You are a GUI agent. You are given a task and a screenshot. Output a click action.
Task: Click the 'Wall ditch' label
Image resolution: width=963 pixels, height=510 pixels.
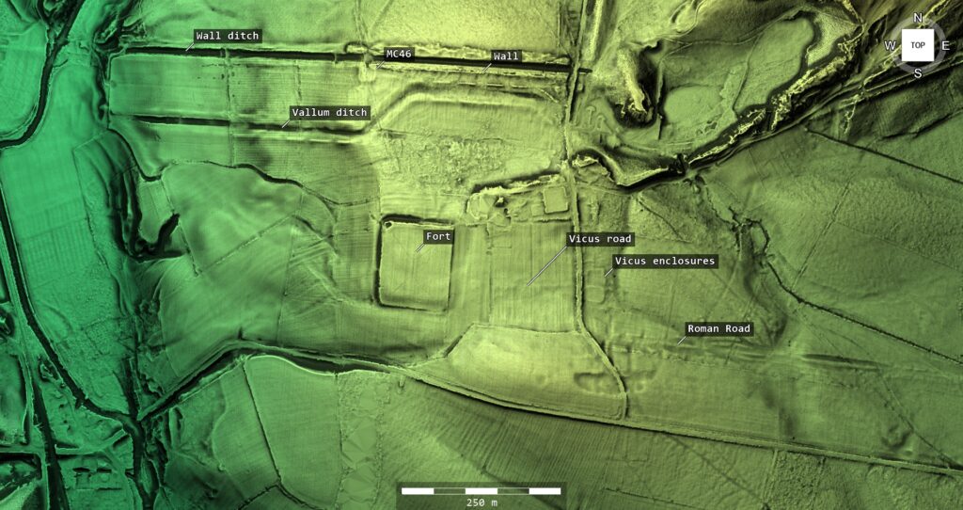(228, 36)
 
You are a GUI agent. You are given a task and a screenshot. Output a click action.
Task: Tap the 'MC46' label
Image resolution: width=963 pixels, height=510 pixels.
(399, 54)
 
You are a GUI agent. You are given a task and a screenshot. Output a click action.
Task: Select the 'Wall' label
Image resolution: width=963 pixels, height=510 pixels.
(506, 56)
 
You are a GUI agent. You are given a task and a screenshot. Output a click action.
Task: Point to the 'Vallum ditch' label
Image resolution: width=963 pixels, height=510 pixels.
(329, 113)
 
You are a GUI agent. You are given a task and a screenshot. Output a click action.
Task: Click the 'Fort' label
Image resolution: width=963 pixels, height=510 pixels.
(438, 236)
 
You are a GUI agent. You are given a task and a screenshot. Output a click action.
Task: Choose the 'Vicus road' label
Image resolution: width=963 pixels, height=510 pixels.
(600, 239)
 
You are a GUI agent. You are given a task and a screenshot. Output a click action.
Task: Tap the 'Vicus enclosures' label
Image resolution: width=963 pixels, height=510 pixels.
(665, 261)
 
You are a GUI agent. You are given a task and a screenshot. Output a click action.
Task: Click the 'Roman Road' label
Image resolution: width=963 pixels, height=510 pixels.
(718, 328)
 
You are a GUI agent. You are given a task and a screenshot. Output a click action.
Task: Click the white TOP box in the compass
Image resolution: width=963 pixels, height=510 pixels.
(918, 45)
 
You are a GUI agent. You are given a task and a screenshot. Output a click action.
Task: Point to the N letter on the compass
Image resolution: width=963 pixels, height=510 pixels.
(918, 19)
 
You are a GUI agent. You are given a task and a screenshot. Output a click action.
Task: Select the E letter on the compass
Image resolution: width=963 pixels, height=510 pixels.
(945, 45)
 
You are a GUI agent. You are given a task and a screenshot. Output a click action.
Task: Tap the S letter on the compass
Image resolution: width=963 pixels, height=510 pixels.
(918, 72)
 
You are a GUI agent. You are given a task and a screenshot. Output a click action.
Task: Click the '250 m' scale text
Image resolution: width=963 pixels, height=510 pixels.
(481, 502)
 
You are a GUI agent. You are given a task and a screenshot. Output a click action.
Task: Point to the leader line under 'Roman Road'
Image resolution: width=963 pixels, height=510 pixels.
(682, 340)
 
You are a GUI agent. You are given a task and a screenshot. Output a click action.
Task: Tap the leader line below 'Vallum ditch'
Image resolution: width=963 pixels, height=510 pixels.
(285, 124)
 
